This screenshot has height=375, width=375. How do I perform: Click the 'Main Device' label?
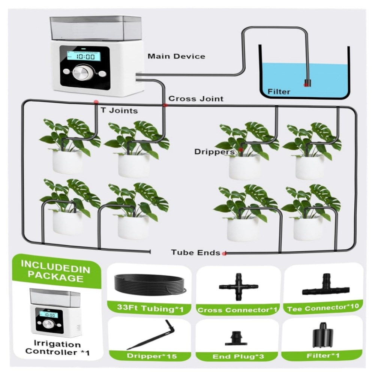click(x=176, y=56)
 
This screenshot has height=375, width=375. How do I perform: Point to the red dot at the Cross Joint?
click(x=165, y=105)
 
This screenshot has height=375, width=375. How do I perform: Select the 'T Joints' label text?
click(x=119, y=111)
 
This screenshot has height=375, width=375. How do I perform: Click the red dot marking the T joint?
click(x=96, y=101)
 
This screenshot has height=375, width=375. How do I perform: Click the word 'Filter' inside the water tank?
click(x=279, y=91)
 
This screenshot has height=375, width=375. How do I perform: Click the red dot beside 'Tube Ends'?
click(x=224, y=253)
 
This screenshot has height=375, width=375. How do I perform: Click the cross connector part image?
click(x=238, y=287)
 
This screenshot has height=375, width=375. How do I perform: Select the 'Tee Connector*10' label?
click(x=323, y=307)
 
